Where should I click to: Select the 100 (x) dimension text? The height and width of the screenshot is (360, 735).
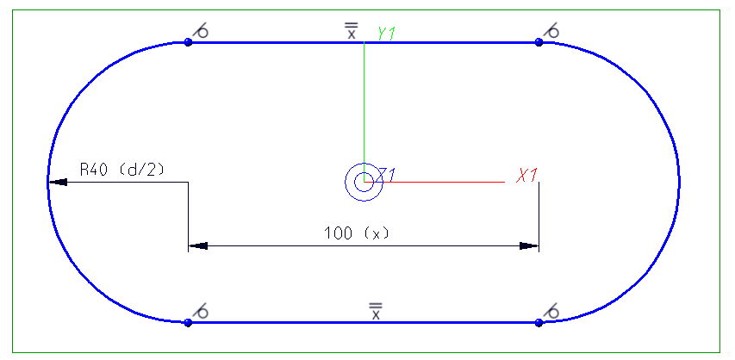352,233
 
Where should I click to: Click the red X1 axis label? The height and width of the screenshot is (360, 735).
527,176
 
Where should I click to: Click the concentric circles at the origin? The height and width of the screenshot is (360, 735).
364,182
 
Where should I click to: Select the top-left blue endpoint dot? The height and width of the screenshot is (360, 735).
188,41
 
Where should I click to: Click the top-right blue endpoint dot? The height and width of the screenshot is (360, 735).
539,41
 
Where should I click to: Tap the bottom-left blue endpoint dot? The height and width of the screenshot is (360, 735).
188,322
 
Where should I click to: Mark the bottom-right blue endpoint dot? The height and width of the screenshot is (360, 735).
539,322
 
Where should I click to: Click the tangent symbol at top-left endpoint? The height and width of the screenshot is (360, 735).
202,32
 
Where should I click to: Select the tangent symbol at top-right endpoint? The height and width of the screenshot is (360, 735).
552,32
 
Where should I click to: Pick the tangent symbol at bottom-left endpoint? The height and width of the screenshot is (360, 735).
202,311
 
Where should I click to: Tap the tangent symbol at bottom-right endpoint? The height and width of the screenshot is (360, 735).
552,311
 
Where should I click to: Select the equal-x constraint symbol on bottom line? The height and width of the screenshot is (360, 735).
375,311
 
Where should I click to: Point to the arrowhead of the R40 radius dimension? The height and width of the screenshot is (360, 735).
57,182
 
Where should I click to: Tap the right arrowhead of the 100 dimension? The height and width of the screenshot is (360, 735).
528,245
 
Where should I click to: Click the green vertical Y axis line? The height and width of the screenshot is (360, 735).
364,103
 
